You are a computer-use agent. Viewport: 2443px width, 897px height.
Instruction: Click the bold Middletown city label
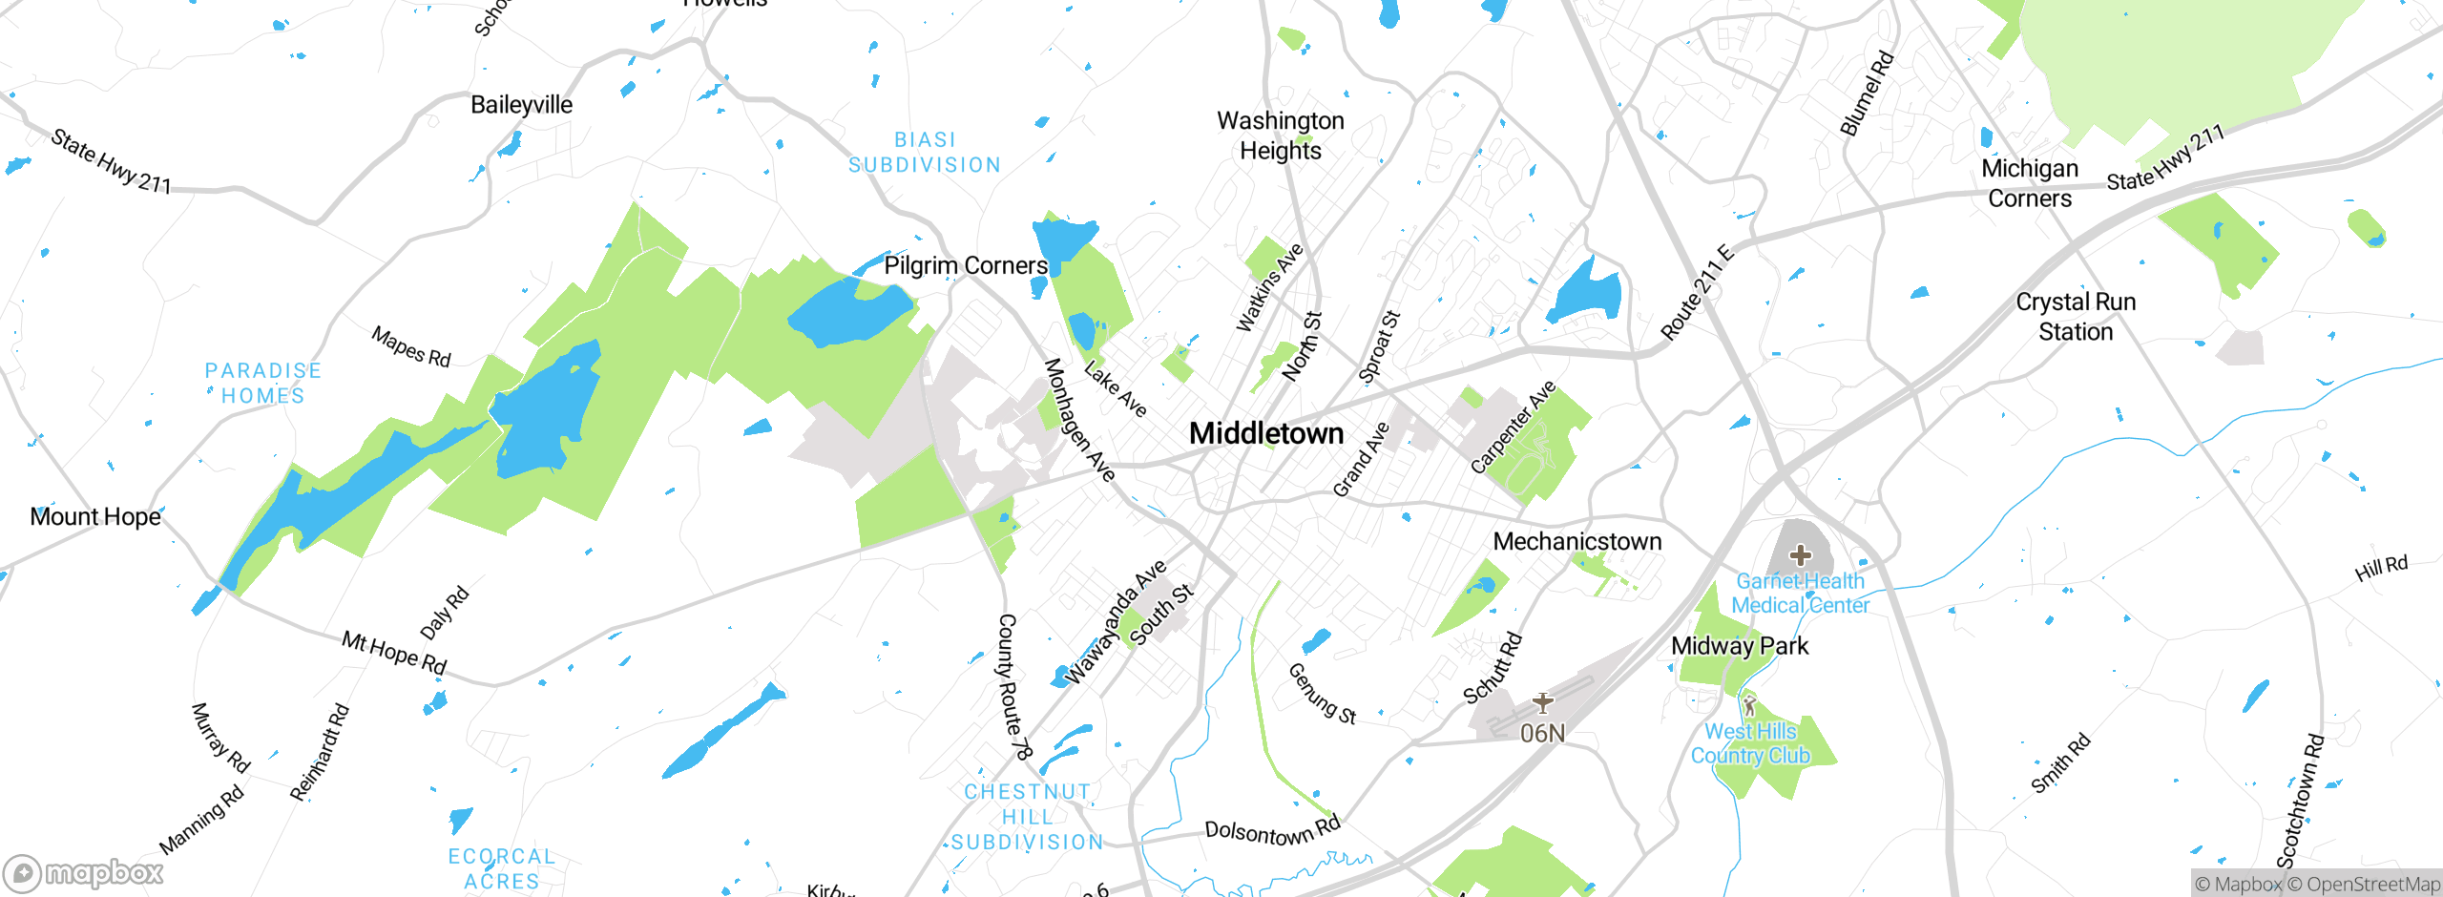pyautogui.click(x=1266, y=433)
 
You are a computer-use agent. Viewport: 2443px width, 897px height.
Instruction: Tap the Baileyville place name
pyautogui.click(x=521, y=105)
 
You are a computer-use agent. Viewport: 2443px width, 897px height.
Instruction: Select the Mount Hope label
pyautogui.click(x=95, y=516)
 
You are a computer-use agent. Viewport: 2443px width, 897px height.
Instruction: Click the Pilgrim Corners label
pyautogui.click(x=965, y=265)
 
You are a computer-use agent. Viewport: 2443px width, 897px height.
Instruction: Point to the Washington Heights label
pyautogui.click(x=1280, y=136)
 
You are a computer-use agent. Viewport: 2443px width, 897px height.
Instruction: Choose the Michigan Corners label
pyautogui.click(x=2030, y=183)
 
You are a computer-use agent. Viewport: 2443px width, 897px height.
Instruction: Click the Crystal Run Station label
pyautogui.click(x=2076, y=317)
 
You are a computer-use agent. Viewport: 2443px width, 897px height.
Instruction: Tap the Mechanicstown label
pyautogui.click(x=1576, y=541)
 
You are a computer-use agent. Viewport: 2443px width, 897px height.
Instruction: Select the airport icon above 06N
pyautogui.click(x=1542, y=703)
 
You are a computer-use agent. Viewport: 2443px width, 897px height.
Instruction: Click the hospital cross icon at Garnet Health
pyautogui.click(x=1800, y=555)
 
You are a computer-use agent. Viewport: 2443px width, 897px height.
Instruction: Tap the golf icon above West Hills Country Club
pyautogui.click(x=1749, y=706)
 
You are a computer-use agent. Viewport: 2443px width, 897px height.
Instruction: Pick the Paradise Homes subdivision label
pyautogui.click(x=263, y=383)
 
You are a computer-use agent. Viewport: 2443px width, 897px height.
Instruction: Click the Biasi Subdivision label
pyautogui.click(x=925, y=153)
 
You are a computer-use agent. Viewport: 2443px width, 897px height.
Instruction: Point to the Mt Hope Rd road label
pyautogui.click(x=394, y=653)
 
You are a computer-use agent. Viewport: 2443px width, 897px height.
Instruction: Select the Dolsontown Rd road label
pyautogui.click(x=1272, y=831)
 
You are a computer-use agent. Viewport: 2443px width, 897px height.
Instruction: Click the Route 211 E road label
pyautogui.click(x=1697, y=293)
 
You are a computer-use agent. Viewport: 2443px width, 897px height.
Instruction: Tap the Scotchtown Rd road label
pyautogui.click(x=2300, y=801)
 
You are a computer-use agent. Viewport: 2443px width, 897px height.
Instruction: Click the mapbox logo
pyautogui.click(x=84, y=872)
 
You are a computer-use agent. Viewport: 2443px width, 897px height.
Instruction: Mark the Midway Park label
pyautogui.click(x=1739, y=646)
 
